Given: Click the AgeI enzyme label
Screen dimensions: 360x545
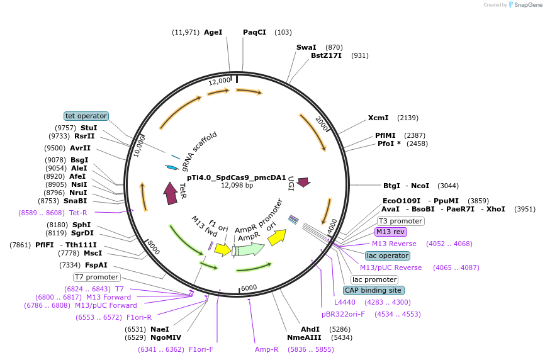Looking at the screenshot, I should click(x=213, y=32).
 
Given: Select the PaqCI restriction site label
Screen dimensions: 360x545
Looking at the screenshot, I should click(x=254, y=32).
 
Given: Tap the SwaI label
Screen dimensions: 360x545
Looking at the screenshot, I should click(x=306, y=47).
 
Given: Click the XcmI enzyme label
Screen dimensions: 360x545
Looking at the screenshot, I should click(x=378, y=118).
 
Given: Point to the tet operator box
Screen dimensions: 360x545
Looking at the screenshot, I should click(x=86, y=116).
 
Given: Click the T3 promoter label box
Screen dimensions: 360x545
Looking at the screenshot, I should click(x=400, y=221).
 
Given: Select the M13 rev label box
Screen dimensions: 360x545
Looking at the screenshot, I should click(x=391, y=232).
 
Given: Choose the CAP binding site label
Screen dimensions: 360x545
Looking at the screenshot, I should click(x=374, y=290).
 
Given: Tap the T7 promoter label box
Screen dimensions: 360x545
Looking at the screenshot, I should click(x=96, y=277).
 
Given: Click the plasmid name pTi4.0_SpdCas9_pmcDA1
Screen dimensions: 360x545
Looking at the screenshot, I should click(x=237, y=178).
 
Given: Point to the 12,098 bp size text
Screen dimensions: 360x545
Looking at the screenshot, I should click(x=237, y=186).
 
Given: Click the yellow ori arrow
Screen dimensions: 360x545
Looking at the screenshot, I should click(x=277, y=236).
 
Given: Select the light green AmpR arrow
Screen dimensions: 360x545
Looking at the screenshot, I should click(x=250, y=249).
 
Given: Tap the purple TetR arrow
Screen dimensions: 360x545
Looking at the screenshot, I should click(x=170, y=193).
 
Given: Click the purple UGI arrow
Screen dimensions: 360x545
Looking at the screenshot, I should click(x=303, y=182).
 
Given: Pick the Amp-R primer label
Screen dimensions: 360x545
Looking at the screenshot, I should click(x=266, y=349).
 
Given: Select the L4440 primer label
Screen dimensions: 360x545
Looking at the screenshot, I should click(x=345, y=302).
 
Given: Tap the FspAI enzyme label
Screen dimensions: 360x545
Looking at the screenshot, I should click(x=96, y=265).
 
